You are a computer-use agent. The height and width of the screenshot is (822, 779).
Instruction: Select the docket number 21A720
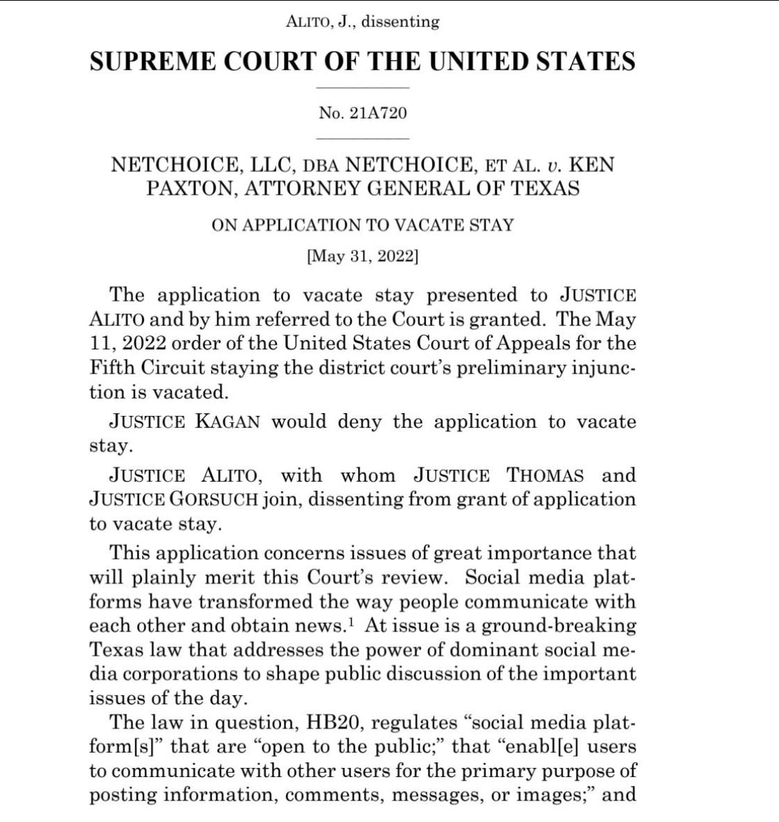click(x=378, y=113)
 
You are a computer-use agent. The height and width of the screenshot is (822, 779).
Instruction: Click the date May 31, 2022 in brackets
click(x=362, y=256)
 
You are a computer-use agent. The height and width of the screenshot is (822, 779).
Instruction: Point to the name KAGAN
click(x=228, y=422)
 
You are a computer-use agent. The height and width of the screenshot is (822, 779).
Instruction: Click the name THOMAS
click(x=545, y=475)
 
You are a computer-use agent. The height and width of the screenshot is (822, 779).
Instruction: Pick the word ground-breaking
click(x=559, y=626)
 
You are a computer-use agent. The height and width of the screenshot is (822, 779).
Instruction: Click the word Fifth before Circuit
click(x=112, y=367)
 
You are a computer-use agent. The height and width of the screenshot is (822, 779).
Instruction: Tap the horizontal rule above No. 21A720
click(x=362, y=88)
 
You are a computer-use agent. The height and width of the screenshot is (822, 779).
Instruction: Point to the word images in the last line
click(x=550, y=794)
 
